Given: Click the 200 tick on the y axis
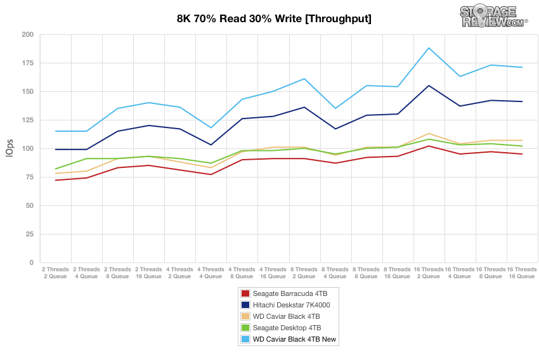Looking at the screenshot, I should [27, 34].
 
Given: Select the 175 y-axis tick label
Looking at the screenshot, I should [27, 63].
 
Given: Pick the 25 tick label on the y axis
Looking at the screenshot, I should [29, 234].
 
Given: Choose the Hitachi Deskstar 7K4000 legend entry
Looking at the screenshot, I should [291, 305].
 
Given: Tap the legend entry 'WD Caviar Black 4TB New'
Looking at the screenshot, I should [294, 340].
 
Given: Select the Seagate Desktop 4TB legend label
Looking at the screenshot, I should [287, 328].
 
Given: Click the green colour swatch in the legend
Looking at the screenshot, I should [245, 328].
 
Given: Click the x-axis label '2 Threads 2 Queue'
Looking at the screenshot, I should [56, 273].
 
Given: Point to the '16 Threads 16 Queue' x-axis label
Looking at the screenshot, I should [522, 273].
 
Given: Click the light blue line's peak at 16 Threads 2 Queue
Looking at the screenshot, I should [429, 48].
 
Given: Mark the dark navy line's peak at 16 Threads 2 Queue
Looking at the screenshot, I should [429, 86].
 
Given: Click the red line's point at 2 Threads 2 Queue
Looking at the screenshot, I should [56, 180].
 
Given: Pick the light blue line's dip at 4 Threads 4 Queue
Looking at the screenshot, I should [211, 128].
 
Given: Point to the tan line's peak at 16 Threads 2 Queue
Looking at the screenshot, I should [429, 134].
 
